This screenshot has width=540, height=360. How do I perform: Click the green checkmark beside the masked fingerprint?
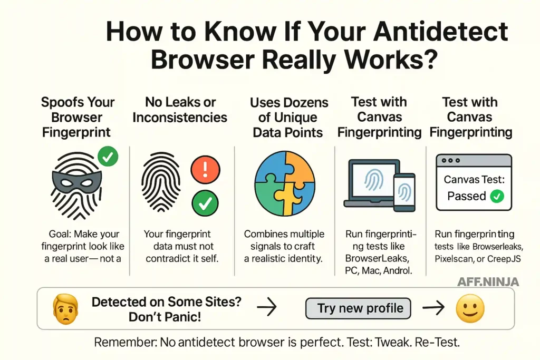tap(108, 157)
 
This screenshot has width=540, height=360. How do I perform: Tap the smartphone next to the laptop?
tap(404, 192)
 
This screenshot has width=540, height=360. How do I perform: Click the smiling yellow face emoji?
tap(470, 308)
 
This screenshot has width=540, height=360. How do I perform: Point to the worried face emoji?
tap(66, 308)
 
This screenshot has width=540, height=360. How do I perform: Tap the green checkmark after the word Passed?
tap(497, 197)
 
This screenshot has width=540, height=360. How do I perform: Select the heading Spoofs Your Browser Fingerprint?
tap(78, 116)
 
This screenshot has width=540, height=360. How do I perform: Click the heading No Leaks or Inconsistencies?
tap(180, 109)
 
